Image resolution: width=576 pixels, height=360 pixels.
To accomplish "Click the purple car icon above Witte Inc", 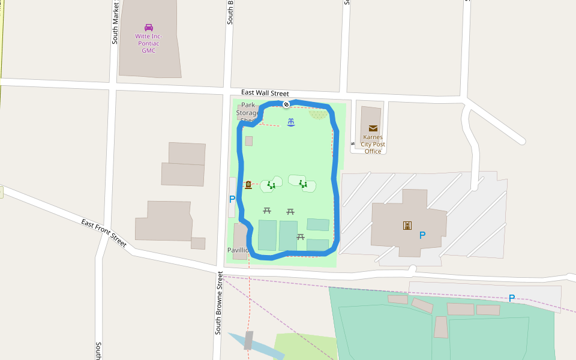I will (148, 27).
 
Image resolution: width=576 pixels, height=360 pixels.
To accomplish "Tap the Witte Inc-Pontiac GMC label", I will (148, 43).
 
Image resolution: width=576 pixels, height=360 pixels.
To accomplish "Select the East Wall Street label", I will (265, 93).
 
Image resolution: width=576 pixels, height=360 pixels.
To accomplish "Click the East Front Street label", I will (104, 232).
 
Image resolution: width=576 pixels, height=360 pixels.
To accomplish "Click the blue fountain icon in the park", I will (291, 122).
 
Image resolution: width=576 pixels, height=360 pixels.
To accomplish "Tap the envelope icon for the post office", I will (373, 128).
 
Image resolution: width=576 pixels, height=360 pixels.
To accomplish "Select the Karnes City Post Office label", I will (373, 144).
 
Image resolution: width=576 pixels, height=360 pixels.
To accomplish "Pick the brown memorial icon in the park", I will (248, 185).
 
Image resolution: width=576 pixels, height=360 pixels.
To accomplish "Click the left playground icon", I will (272, 185).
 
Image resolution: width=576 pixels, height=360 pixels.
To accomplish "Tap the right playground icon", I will (303, 183).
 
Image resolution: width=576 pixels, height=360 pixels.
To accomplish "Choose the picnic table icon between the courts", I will (301, 236).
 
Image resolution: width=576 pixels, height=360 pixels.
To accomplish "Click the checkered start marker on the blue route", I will (286, 104).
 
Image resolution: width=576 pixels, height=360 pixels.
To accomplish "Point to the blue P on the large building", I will (422, 235).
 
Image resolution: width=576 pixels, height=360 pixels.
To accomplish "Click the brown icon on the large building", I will (407, 225).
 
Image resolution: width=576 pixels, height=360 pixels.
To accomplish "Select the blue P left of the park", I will (232, 199).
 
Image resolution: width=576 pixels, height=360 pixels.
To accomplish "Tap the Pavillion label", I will (238, 250).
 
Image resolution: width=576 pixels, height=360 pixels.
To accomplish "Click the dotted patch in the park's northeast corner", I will (319, 114).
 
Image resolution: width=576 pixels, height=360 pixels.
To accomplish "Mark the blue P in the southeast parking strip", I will (511, 298).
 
